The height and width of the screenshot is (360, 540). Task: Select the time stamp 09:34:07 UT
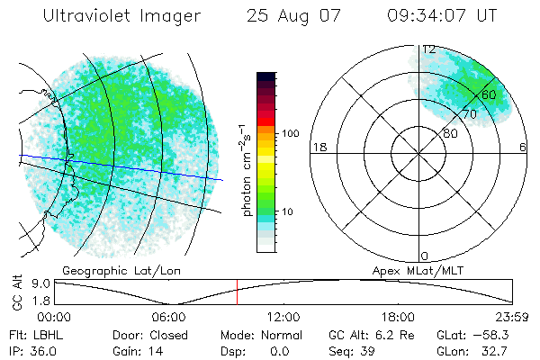tap(441, 16)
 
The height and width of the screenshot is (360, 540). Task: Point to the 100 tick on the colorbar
tap(291, 133)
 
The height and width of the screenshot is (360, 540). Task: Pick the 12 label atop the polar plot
tap(429, 49)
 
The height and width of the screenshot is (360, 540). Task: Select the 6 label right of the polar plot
tap(523, 147)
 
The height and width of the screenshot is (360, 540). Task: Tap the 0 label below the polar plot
tap(426, 256)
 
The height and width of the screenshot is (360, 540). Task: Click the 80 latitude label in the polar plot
tap(451, 133)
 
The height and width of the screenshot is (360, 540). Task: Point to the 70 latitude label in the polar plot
tap(469, 114)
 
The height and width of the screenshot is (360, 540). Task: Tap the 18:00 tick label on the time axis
tap(398, 317)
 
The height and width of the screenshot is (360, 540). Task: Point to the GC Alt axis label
tap(16, 291)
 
